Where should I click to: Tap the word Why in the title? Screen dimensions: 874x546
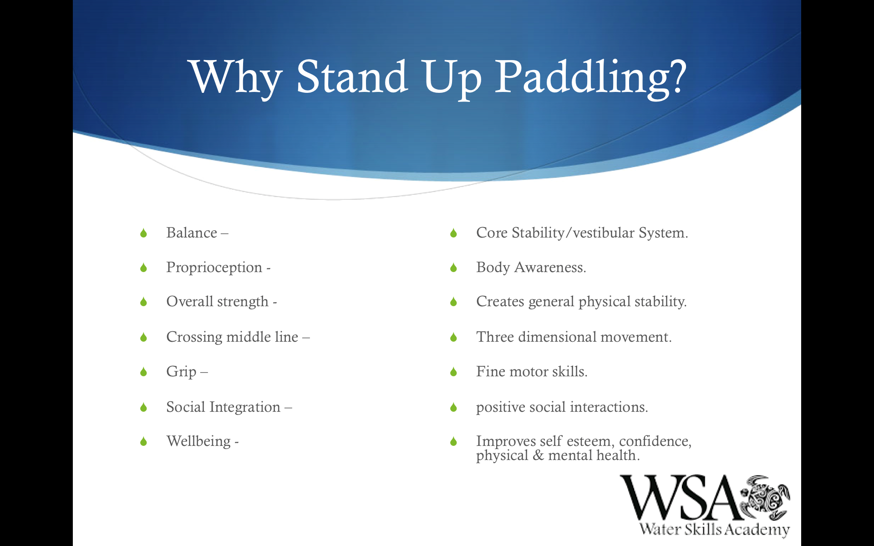pos(236,77)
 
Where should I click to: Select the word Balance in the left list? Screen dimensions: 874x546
pos(192,233)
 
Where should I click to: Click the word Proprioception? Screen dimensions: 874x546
pos(214,268)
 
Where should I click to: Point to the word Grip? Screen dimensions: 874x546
pos(182,372)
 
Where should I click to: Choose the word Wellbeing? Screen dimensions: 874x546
pos(198,441)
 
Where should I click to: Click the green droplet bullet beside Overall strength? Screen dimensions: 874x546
pos(144,302)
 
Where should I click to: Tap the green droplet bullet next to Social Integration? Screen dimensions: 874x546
pos(144,407)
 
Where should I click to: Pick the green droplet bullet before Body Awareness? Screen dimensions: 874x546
pos(453,268)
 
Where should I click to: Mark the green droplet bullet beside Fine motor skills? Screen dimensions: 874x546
pos(453,372)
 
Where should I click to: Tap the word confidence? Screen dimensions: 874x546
pos(655,441)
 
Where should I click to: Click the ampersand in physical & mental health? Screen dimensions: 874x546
pos(538,455)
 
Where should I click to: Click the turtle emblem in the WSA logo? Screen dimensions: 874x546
pos(765,498)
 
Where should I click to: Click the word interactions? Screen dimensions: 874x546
pos(609,407)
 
